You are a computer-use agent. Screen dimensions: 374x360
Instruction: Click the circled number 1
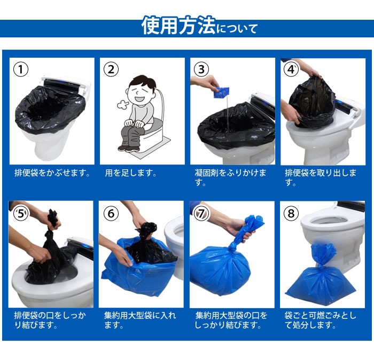pos(21,69)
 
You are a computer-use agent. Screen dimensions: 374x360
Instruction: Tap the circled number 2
pos(111,69)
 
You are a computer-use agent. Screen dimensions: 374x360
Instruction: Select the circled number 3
pos(201,69)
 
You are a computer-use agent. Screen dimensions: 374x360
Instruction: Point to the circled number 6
pos(111,213)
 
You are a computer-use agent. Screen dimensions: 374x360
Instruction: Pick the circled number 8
pos(291,213)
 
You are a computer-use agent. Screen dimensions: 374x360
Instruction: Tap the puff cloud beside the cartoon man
pos(122,105)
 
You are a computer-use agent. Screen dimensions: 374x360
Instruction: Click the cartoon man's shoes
pos(129,149)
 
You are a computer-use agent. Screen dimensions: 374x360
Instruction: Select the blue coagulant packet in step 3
pos(221,92)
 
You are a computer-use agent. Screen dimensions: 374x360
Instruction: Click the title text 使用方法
pos(178,26)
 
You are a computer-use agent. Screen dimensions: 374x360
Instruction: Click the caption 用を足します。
pos(131,173)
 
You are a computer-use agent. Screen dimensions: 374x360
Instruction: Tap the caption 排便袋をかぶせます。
pos(52,173)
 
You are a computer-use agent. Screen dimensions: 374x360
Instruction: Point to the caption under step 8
pos(321,320)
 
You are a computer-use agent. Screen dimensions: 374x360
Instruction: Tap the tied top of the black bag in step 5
pos(53,220)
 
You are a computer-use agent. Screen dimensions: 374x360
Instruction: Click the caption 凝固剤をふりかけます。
pos(230,178)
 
